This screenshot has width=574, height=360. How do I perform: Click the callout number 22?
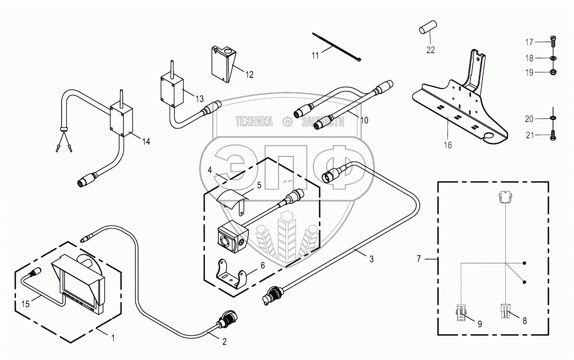pos(430,50)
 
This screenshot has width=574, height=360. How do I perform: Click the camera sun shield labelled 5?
pos(231,198)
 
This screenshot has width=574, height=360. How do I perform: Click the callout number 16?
pos(447,145)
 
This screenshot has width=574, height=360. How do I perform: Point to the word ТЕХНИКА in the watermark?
pos(254,122)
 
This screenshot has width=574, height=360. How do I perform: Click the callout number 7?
pos(419,258)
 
